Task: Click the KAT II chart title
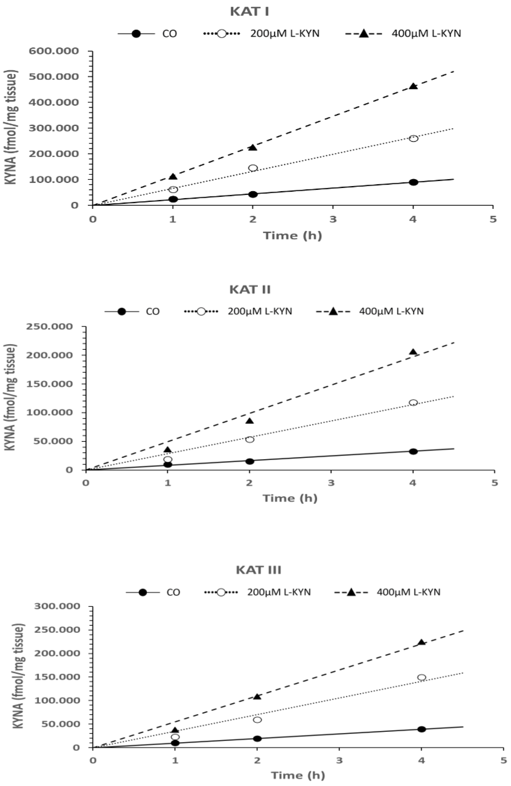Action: pos(250,290)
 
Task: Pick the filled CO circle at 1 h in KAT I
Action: pos(173,199)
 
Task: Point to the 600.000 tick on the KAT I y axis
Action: pos(54,51)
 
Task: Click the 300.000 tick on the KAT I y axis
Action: pos(54,128)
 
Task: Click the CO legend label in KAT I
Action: pos(169,34)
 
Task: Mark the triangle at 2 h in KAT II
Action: pos(250,421)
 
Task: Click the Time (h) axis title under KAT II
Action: pos(290,498)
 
